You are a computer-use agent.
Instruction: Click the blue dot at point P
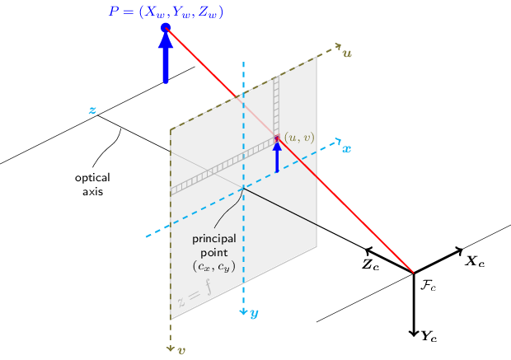(166, 28)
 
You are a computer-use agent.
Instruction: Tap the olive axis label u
(347, 54)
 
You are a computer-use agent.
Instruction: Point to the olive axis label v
(181, 350)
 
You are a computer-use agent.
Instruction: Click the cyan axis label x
(346, 149)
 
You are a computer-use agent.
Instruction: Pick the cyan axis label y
(255, 313)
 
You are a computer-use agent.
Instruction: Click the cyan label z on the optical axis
(92, 110)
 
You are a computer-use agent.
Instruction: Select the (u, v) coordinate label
(298, 137)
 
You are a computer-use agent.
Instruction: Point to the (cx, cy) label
(214, 267)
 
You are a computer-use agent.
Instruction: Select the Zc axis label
(371, 265)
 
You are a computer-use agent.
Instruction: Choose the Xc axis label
(475, 261)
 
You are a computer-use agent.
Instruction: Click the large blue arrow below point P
(166, 59)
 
